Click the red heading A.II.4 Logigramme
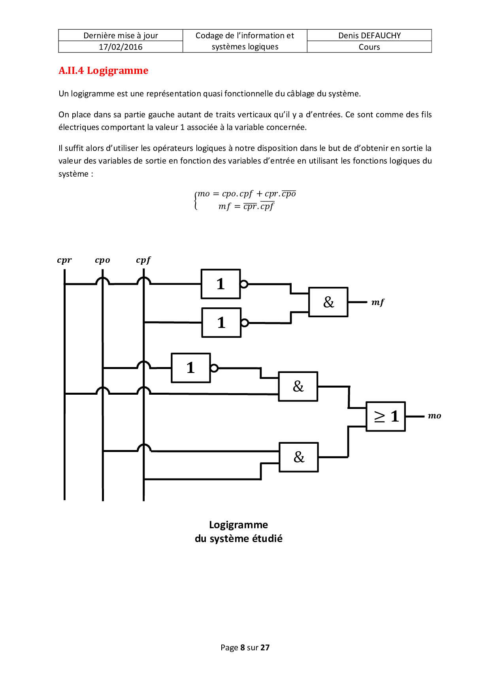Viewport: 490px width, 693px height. tap(104, 71)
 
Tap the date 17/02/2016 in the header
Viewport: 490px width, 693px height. tap(121, 47)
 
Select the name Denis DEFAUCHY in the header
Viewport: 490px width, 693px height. tap(369, 36)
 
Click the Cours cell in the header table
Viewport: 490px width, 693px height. tap(369, 47)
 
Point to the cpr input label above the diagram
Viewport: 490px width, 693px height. tap(64, 260)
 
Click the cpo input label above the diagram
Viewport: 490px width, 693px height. tap(102, 260)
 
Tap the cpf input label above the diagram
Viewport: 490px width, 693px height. tap(143, 260)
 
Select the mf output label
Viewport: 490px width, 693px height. tap(378, 302)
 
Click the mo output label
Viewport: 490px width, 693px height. tap(434, 416)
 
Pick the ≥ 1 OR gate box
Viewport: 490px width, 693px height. tap(386, 416)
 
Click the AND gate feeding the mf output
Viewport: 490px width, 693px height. tap(328, 302)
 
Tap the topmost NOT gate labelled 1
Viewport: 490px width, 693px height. tap(220, 284)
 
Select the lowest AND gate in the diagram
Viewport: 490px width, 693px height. tap(299, 457)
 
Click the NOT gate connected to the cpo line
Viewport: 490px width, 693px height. tap(191, 368)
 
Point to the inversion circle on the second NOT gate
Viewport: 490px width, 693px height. tap(245, 323)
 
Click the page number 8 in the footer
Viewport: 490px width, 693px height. tap(242, 648)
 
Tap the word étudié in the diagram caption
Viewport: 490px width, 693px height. tap(268, 539)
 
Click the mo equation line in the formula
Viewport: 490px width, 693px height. tap(247, 194)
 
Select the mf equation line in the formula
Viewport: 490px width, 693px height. tap(246, 206)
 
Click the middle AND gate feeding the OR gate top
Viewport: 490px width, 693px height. tap(298, 386)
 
